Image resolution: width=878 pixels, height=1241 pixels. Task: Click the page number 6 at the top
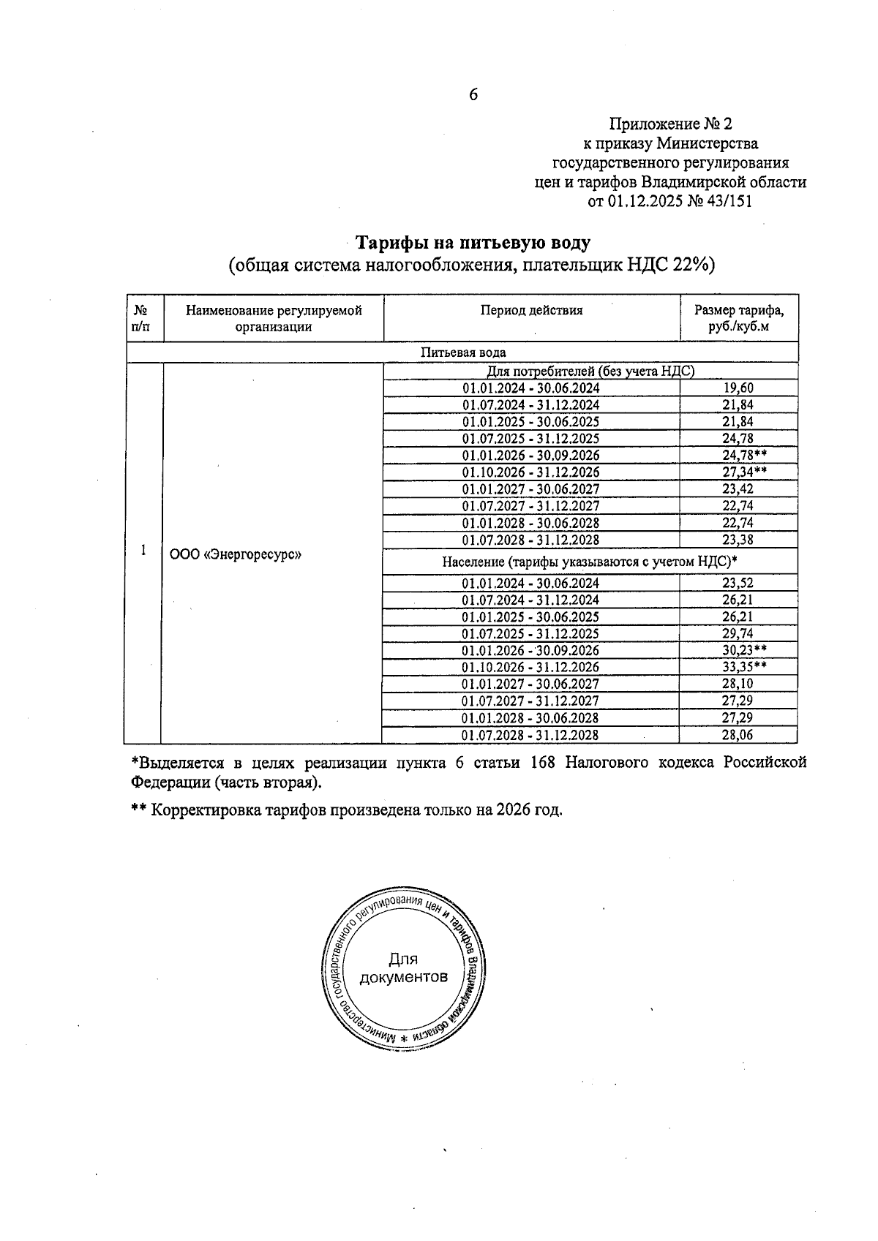point(473,94)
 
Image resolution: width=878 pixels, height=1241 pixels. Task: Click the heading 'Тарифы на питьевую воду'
point(472,242)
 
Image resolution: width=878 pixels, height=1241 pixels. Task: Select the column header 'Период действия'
point(531,310)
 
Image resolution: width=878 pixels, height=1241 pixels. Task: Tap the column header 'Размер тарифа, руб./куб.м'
point(738,318)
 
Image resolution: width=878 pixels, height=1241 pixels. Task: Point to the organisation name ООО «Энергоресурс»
point(236,554)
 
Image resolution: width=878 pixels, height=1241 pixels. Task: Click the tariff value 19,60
point(738,388)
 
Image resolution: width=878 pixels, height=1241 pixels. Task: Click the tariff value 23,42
point(738,489)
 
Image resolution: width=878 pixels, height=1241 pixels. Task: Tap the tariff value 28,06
point(738,735)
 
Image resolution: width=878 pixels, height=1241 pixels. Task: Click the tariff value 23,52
point(738,583)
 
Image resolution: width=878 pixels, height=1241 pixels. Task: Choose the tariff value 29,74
point(738,633)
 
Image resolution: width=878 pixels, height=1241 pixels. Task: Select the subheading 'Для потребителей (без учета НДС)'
point(590,371)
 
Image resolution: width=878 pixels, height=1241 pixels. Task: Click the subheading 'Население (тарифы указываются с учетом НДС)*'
point(589,562)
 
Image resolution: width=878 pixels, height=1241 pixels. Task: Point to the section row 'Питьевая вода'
point(462,352)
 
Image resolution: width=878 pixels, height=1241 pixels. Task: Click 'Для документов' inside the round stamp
point(402,968)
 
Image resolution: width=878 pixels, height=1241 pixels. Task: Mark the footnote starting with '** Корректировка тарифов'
point(347,810)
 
